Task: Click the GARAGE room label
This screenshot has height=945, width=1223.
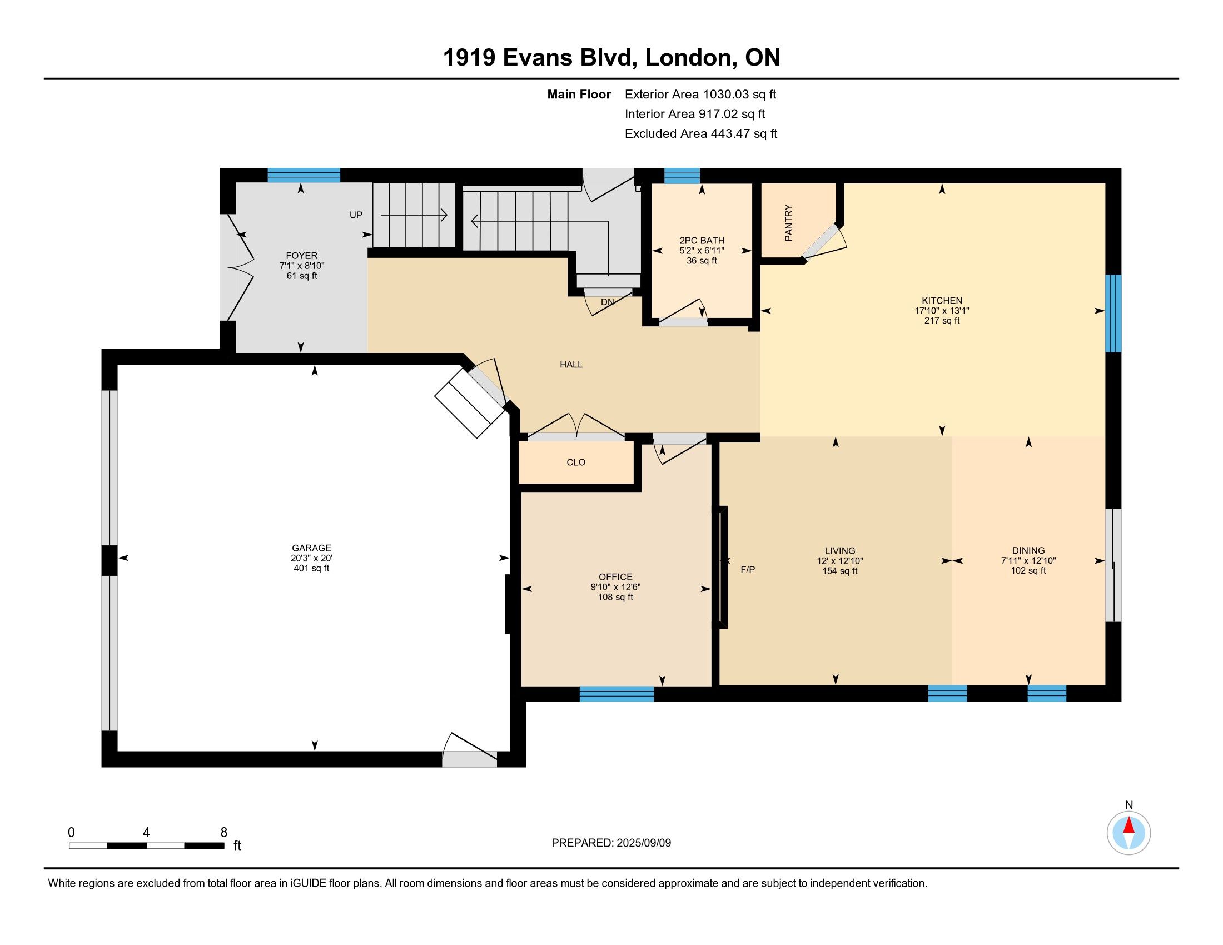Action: tap(311, 548)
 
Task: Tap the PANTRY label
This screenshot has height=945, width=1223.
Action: tap(788, 223)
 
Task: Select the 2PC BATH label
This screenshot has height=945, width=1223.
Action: tap(702, 241)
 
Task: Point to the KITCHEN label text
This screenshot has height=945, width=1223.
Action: tap(942, 301)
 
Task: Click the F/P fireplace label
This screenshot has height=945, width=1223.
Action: tap(748, 570)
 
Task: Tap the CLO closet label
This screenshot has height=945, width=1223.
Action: tap(576, 462)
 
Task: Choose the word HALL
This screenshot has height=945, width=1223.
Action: tap(571, 365)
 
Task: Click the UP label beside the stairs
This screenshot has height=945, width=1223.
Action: tap(356, 215)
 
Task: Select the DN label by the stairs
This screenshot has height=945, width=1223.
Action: tap(608, 302)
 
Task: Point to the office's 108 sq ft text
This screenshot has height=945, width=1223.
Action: tap(615, 598)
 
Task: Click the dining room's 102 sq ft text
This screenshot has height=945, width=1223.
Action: tap(1028, 571)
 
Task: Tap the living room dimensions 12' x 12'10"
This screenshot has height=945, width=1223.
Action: tap(840, 561)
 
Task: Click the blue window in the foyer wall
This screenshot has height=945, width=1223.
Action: tap(304, 175)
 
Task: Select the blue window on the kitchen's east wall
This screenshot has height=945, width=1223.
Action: tap(1113, 313)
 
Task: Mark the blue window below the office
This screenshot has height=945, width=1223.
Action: tap(617, 694)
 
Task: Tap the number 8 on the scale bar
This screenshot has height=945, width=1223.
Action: tap(224, 833)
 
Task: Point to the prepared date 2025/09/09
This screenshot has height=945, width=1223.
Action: tap(643, 843)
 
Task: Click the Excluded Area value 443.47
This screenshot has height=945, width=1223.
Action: tap(730, 134)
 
